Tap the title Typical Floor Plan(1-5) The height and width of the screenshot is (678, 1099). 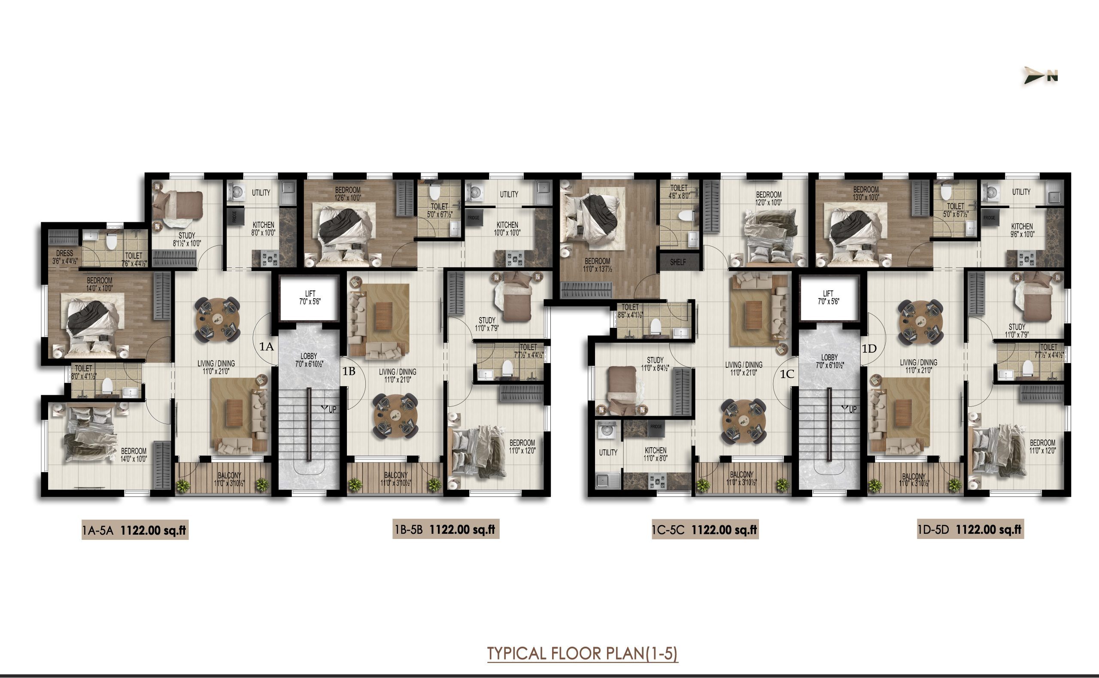pos(582,654)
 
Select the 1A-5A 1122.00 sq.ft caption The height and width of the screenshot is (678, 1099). pos(134,530)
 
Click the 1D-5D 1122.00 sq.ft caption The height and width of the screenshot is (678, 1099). pos(970,530)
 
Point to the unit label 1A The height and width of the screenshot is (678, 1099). pos(267,347)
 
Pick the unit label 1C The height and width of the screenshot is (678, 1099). pos(787,374)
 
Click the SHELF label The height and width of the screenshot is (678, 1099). pos(678,262)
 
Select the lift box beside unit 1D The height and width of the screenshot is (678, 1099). pos(828,298)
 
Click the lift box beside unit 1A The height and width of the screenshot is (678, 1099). pos(310,298)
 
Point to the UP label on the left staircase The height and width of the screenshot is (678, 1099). pos(332,409)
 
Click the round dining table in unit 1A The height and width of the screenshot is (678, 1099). pos(218,319)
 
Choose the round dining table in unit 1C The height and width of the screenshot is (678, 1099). pos(743,421)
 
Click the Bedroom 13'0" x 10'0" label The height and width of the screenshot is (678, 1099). pos(865,193)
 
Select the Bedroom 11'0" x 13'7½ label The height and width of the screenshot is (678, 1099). pos(597,265)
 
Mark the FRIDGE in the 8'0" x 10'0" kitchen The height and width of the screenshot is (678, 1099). pos(234,217)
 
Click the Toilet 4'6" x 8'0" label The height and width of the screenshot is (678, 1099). pos(679,192)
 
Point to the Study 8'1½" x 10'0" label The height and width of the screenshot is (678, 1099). pos(187,239)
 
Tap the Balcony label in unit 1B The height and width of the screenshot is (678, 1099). pos(396,479)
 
